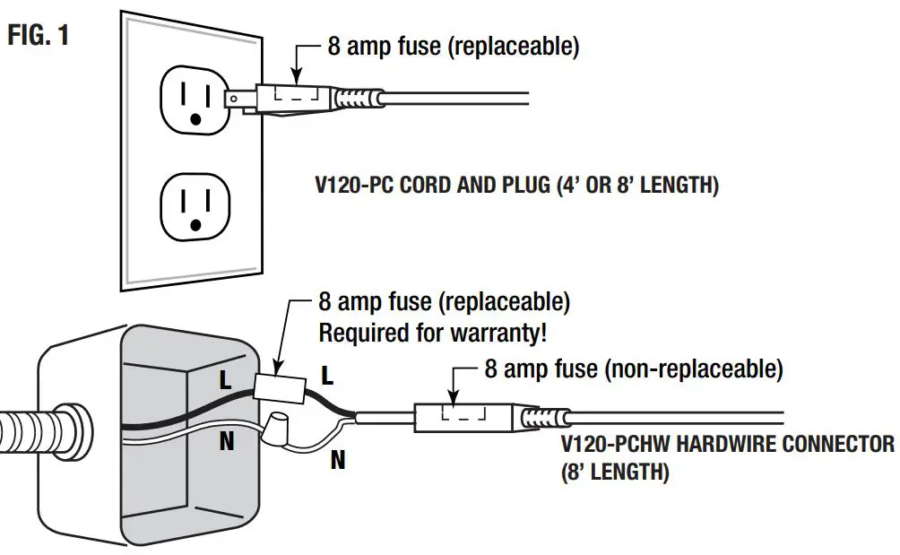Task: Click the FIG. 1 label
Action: pyautogui.click(x=39, y=38)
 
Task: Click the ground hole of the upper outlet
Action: pyautogui.click(x=195, y=118)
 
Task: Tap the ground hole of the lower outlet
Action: pyautogui.click(x=195, y=229)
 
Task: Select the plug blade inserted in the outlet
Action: pyautogui.click(x=238, y=96)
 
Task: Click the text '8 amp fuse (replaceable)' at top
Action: pyautogui.click(x=453, y=47)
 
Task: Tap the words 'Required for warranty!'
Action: pyautogui.click(x=433, y=334)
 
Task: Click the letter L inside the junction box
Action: pyautogui.click(x=226, y=380)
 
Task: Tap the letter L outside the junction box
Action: pyautogui.click(x=327, y=377)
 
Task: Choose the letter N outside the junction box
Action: pyautogui.click(x=338, y=461)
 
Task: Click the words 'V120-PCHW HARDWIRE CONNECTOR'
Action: pyautogui.click(x=727, y=444)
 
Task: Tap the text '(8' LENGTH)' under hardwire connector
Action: pyautogui.click(x=615, y=472)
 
